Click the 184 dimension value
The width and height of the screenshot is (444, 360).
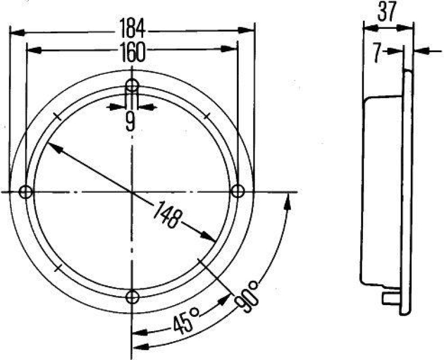(132, 27)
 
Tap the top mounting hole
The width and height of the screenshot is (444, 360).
(132, 85)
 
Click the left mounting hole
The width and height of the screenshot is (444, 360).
(25, 192)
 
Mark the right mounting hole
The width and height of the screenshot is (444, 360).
(238, 192)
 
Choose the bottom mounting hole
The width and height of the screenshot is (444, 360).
(132, 297)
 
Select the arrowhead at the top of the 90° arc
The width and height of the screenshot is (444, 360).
(287, 201)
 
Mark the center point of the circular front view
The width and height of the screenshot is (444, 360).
(132, 192)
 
